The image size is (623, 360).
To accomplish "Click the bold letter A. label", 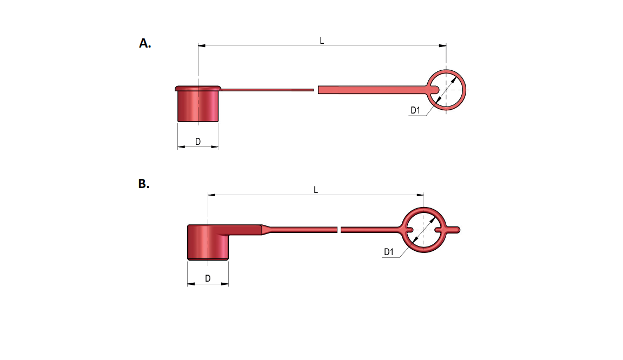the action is (x=144, y=43).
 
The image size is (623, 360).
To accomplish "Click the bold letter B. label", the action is (x=144, y=184).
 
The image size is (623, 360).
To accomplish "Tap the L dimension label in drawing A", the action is (x=322, y=41).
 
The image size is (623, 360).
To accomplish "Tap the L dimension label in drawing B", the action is (x=316, y=190).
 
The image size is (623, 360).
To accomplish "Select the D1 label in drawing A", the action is (x=415, y=110).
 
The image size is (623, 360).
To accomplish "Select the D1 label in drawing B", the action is (x=389, y=252).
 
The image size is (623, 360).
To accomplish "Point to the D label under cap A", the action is (x=198, y=142).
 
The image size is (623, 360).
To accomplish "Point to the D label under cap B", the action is (x=208, y=278).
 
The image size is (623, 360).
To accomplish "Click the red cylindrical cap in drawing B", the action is (x=208, y=242).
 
